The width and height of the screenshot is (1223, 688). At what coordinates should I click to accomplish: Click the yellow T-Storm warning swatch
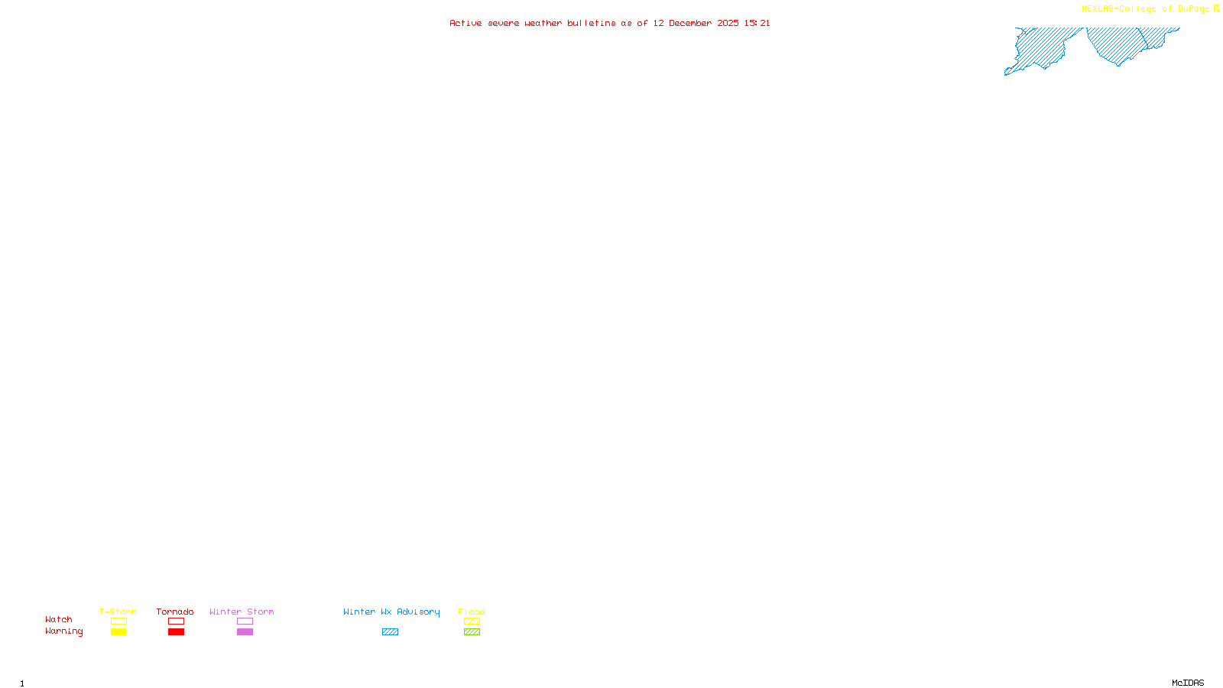click(118, 632)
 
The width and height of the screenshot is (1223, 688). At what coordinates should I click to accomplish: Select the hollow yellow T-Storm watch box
click(118, 621)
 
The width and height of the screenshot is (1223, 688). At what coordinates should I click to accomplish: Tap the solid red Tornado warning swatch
click(176, 632)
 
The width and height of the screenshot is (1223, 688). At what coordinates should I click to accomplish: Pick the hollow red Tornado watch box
click(176, 621)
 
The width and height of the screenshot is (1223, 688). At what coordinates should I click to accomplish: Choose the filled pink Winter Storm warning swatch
click(245, 632)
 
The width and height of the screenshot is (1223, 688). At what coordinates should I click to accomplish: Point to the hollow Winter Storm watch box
click(245, 621)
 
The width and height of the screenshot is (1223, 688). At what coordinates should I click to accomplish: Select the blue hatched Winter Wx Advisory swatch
click(390, 632)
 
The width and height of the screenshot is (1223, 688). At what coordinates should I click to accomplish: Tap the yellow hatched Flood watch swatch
click(472, 621)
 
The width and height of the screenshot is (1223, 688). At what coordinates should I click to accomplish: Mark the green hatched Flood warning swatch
click(472, 632)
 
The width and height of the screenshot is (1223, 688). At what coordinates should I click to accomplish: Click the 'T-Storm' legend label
click(118, 612)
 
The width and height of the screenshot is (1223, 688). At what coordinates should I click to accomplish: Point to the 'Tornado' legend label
click(175, 612)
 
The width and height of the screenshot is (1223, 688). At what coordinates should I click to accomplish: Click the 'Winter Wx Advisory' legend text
click(391, 612)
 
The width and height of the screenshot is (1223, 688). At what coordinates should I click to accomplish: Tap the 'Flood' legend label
click(472, 612)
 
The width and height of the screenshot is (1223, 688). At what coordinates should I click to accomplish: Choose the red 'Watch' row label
click(59, 620)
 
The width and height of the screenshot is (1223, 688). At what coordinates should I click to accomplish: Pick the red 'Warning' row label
click(64, 631)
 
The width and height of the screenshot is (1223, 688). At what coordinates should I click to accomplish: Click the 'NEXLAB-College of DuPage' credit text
click(1145, 9)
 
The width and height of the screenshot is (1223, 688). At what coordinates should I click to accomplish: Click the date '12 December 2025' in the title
click(696, 24)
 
